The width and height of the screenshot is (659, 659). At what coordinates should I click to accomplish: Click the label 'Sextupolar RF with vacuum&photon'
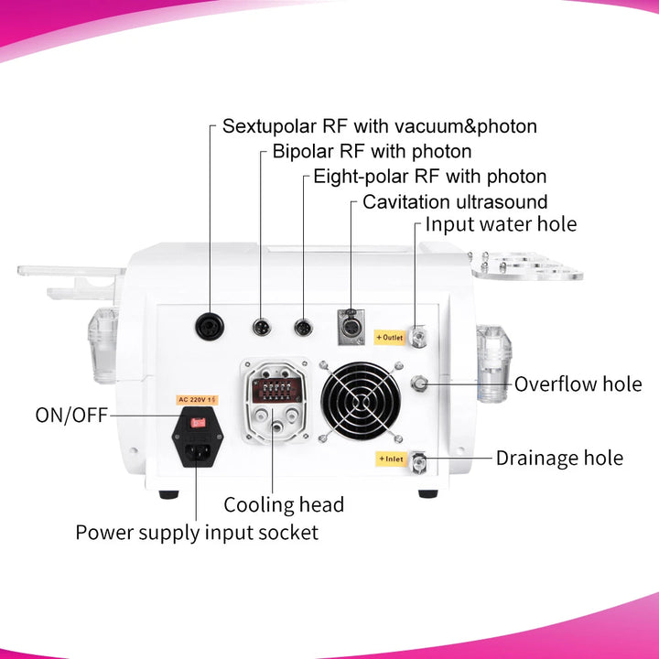[379, 125]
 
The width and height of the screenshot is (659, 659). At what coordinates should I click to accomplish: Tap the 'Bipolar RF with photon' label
[372, 151]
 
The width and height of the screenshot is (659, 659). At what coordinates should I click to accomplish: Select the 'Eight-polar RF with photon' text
[429, 176]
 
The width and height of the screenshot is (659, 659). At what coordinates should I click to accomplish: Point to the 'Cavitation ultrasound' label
[455, 201]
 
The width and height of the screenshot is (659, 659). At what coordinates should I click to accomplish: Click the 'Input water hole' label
[502, 224]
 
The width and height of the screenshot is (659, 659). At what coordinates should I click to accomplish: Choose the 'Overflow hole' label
[578, 384]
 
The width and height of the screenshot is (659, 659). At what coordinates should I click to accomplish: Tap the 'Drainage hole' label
[559, 458]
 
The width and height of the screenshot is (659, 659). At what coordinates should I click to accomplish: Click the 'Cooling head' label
[284, 504]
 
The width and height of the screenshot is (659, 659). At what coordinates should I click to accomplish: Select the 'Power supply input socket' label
[197, 532]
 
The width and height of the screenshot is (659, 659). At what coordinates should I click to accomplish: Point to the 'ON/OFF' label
[71, 416]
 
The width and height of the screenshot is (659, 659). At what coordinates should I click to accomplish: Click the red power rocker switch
[197, 422]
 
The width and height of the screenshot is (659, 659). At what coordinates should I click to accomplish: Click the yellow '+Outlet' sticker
[390, 338]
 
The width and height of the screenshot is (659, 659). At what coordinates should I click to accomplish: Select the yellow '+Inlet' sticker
[389, 458]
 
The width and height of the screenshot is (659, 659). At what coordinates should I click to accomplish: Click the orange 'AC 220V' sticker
[196, 399]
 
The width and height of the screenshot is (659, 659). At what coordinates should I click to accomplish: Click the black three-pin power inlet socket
[197, 448]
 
